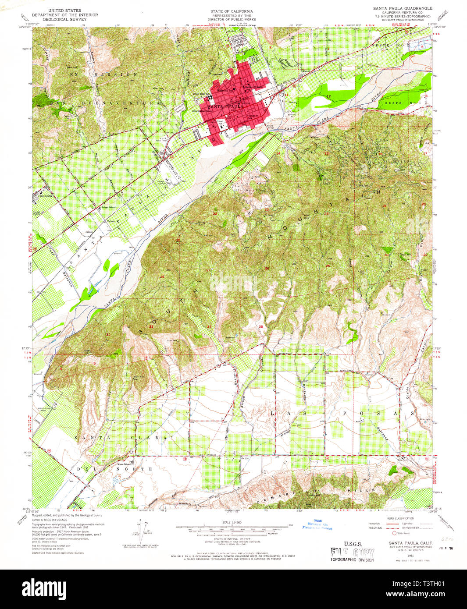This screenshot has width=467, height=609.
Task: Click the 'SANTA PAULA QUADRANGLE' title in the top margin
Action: click(x=403, y=8)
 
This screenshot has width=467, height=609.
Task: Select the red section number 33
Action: click(x=151, y=326)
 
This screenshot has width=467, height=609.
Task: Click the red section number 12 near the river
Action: click(x=328, y=96)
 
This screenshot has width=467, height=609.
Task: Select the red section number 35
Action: click(x=261, y=326)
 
